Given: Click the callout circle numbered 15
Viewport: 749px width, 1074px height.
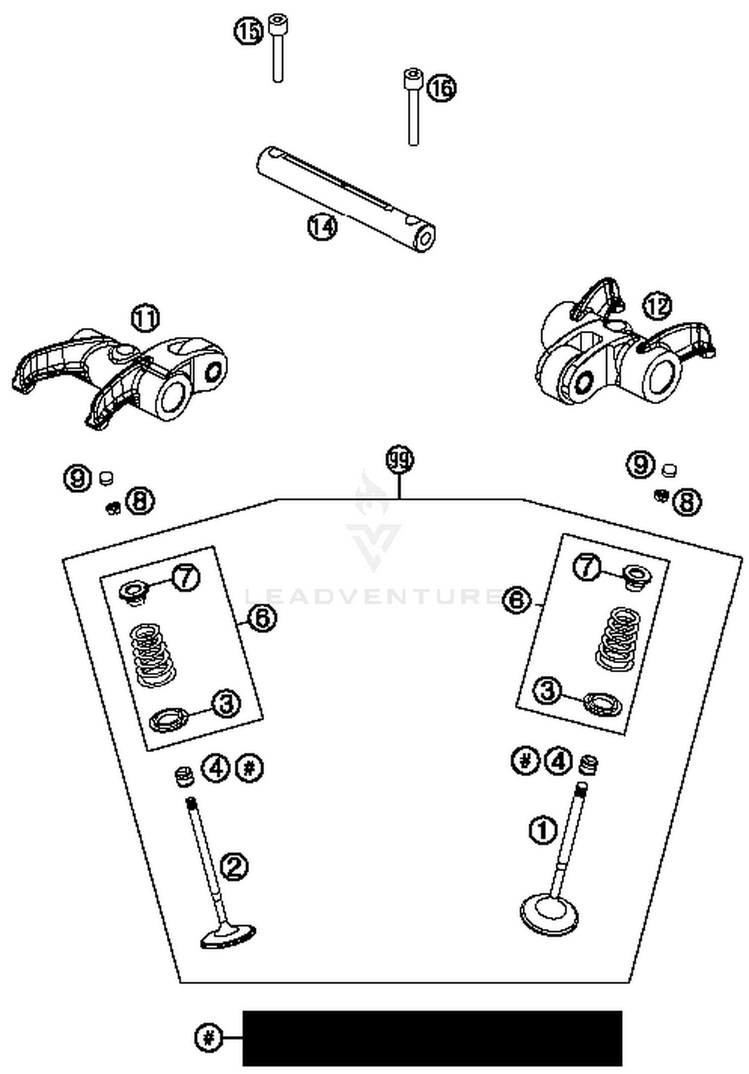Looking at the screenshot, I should click(248, 31).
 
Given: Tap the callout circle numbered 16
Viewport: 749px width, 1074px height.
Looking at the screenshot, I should click(442, 88).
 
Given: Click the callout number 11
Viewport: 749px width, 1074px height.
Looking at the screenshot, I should click(145, 319).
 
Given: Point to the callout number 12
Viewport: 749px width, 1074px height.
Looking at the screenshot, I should click(657, 306).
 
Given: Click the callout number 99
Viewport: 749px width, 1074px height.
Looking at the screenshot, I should click(400, 460).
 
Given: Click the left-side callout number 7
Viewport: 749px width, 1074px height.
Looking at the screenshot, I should click(186, 578).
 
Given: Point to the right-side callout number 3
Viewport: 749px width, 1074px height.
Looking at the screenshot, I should click(548, 691).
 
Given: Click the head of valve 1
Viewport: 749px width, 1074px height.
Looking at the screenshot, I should click(549, 914).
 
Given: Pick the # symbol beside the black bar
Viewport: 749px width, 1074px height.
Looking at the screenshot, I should click(208, 1038).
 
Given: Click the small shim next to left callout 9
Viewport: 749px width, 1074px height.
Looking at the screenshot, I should click(105, 478).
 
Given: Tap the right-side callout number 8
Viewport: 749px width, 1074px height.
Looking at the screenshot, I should click(687, 502).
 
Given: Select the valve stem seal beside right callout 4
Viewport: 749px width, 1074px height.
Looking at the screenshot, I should click(588, 765).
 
